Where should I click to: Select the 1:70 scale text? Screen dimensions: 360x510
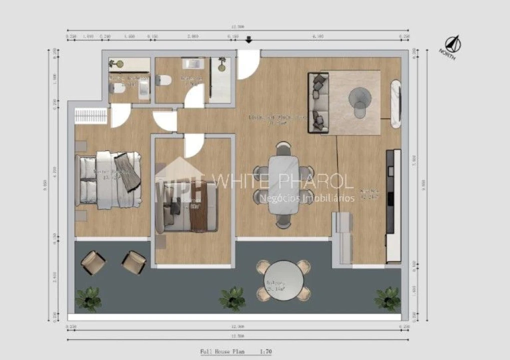point(266,352)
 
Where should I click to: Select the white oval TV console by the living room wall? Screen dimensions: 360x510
point(396,102)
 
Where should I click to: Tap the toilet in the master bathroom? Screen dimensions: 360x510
point(118,89)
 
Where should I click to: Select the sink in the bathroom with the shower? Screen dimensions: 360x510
point(193,64)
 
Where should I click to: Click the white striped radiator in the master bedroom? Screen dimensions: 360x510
point(90,116)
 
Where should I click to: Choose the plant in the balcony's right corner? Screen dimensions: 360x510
point(388,298)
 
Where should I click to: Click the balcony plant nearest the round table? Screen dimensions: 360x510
point(232,298)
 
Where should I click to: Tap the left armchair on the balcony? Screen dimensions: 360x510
point(93,261)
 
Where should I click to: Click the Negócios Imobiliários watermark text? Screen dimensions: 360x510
point(307,198)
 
